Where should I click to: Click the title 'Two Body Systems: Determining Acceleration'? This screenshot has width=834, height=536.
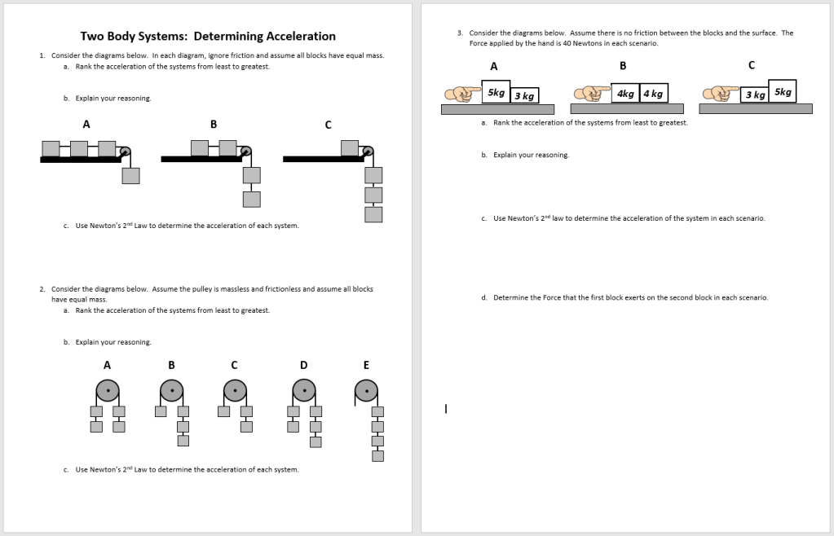click(208, 37)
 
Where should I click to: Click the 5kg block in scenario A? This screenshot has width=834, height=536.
click(496, 93)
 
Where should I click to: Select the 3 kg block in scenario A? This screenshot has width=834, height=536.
click(524, 96)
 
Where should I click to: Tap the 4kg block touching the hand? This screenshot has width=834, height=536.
click(625, 94)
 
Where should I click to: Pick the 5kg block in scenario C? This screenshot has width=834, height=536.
click(783, 91)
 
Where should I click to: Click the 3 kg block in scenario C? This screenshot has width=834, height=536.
click(754, 95)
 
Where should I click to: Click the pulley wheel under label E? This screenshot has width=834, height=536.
click(368, 390)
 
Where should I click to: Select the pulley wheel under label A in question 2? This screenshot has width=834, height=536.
click(107, 390)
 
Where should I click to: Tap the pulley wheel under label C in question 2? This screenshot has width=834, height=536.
click(236, 390)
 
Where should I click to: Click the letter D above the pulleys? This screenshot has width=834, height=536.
click(303, 365)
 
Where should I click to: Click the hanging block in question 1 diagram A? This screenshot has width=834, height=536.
click(130, 175)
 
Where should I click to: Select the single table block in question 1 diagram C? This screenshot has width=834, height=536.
click(350, 147)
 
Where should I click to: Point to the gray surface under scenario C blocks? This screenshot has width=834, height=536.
click(755, 108)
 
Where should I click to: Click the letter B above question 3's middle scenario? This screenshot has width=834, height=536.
click(623, 65)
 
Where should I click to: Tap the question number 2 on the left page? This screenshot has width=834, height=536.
click(42, 289)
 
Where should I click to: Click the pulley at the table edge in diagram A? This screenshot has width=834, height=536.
click(125, 152)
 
